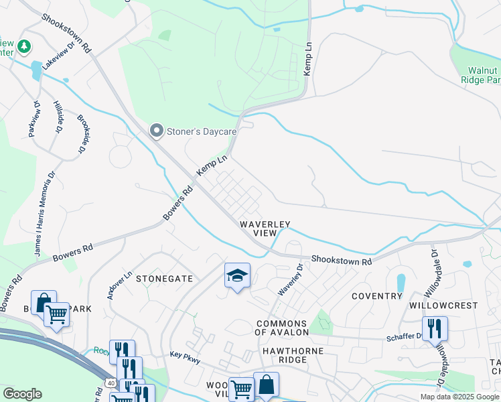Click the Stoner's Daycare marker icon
pyautogui.click(x=157, y=131)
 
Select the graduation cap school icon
pyautogui.click(x=237, y=275)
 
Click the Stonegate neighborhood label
pyautogui.click(x=164, y=278)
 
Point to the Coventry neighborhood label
pyautogui.click(x=376, y=296)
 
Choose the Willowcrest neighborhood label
pyautogui.click(x=453, y=305)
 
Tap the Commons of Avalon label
pyautogui.click(x=283, y=328)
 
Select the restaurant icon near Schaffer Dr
pyautogui.click(x=435, y=328)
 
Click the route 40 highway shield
pyautogui.click(x=108, y=383)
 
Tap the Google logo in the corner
pyautogui.click(x=22, y=394)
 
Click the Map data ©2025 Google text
pyautogui.click(x=459, y=397)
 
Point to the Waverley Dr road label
pyautogui.click(x=291, y=280)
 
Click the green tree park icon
pyautogui.click(x=24, y=46)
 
